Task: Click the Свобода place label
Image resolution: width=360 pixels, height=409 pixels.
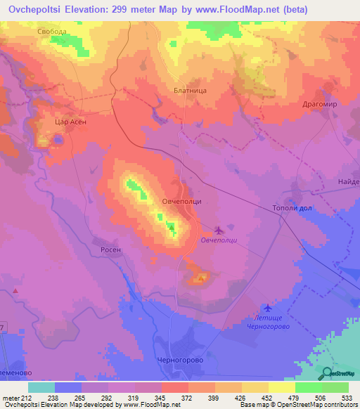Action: click(53, 32)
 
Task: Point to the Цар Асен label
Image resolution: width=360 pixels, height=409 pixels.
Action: click(70, 122)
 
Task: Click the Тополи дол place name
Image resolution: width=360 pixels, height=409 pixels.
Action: click(291, 208)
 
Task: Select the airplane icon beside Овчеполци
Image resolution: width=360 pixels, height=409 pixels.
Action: click(218, 229)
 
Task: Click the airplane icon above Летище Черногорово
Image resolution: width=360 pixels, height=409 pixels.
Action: click(266, 307)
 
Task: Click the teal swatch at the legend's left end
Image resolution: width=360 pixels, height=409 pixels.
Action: click(41, 387)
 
